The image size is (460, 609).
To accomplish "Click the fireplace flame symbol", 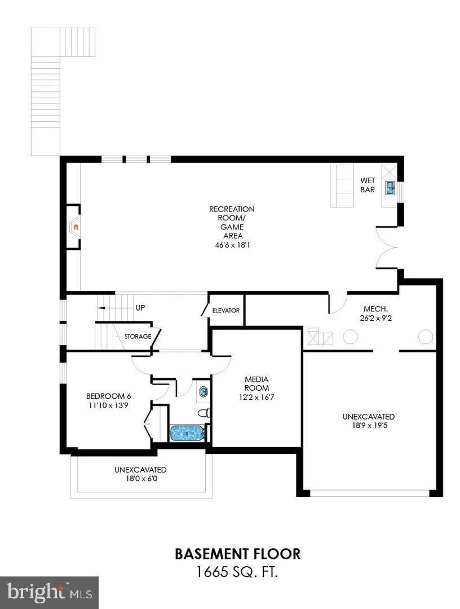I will tap(74, 227).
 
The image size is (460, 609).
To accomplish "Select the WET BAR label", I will tap(368, 186).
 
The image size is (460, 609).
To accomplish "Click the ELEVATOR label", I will tap(226, 311).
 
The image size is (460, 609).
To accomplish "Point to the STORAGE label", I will tap(138, 337).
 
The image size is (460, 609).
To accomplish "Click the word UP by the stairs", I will tap(140, 308).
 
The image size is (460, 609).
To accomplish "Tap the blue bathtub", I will tap(187, 434).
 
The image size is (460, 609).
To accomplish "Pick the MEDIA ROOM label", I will tap(256, 383).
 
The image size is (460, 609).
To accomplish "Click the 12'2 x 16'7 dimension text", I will tap(256, 397).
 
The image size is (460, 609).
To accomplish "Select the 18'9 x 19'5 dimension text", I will tap(368, 426).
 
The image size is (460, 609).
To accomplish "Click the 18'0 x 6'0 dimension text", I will tap(140, 478).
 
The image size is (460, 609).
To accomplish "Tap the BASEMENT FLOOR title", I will tap(237, 553).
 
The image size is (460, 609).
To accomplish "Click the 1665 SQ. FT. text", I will tap(237, 572).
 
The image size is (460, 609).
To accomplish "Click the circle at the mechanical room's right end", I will tap(426, 337).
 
